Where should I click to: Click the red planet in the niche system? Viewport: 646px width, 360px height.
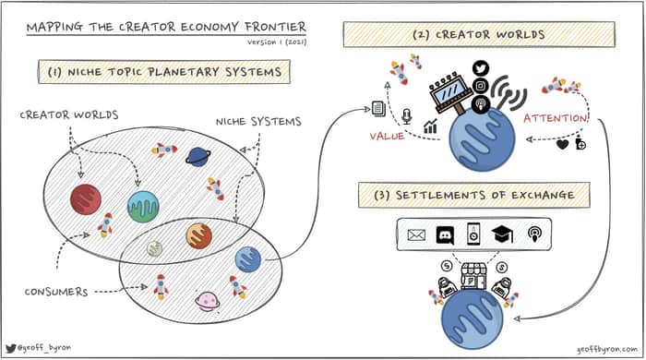[x=86, y=199]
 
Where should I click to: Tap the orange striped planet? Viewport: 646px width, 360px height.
[x=198, y=236]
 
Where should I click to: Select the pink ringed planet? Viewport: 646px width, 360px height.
[x=208, y=302]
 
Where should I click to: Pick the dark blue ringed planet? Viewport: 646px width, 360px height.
[x=197, y=157]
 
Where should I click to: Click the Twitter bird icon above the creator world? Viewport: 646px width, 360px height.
[x=481, y=68]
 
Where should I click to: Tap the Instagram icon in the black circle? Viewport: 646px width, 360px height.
[x=481, y=86]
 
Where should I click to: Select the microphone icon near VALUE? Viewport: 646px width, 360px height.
[x=407, y=116]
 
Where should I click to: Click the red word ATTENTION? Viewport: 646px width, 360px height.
[x=556, y=118]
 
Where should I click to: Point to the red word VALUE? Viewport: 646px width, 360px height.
[x=387, y=137]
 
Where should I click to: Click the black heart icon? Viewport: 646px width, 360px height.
[x=562, y=144]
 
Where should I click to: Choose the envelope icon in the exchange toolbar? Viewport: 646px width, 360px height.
[x=416, y=234]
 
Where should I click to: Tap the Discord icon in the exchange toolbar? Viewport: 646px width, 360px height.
[x=445, y=235]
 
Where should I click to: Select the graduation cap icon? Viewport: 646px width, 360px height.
[x=502, y=234]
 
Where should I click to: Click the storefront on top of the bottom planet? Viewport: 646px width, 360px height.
[x=473, y=276]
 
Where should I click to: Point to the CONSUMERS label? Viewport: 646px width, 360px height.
[x=56, y=292]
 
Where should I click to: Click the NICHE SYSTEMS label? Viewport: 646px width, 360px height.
[x=258, y=122]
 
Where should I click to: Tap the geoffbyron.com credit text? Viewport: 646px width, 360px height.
[x=607, y=349]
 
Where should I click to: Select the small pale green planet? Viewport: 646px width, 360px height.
[x=154, y=248]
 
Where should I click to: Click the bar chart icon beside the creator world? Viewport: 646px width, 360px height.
[x=430, y=126]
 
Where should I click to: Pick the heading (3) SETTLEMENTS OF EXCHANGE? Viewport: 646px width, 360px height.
[x=473, y=195]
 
